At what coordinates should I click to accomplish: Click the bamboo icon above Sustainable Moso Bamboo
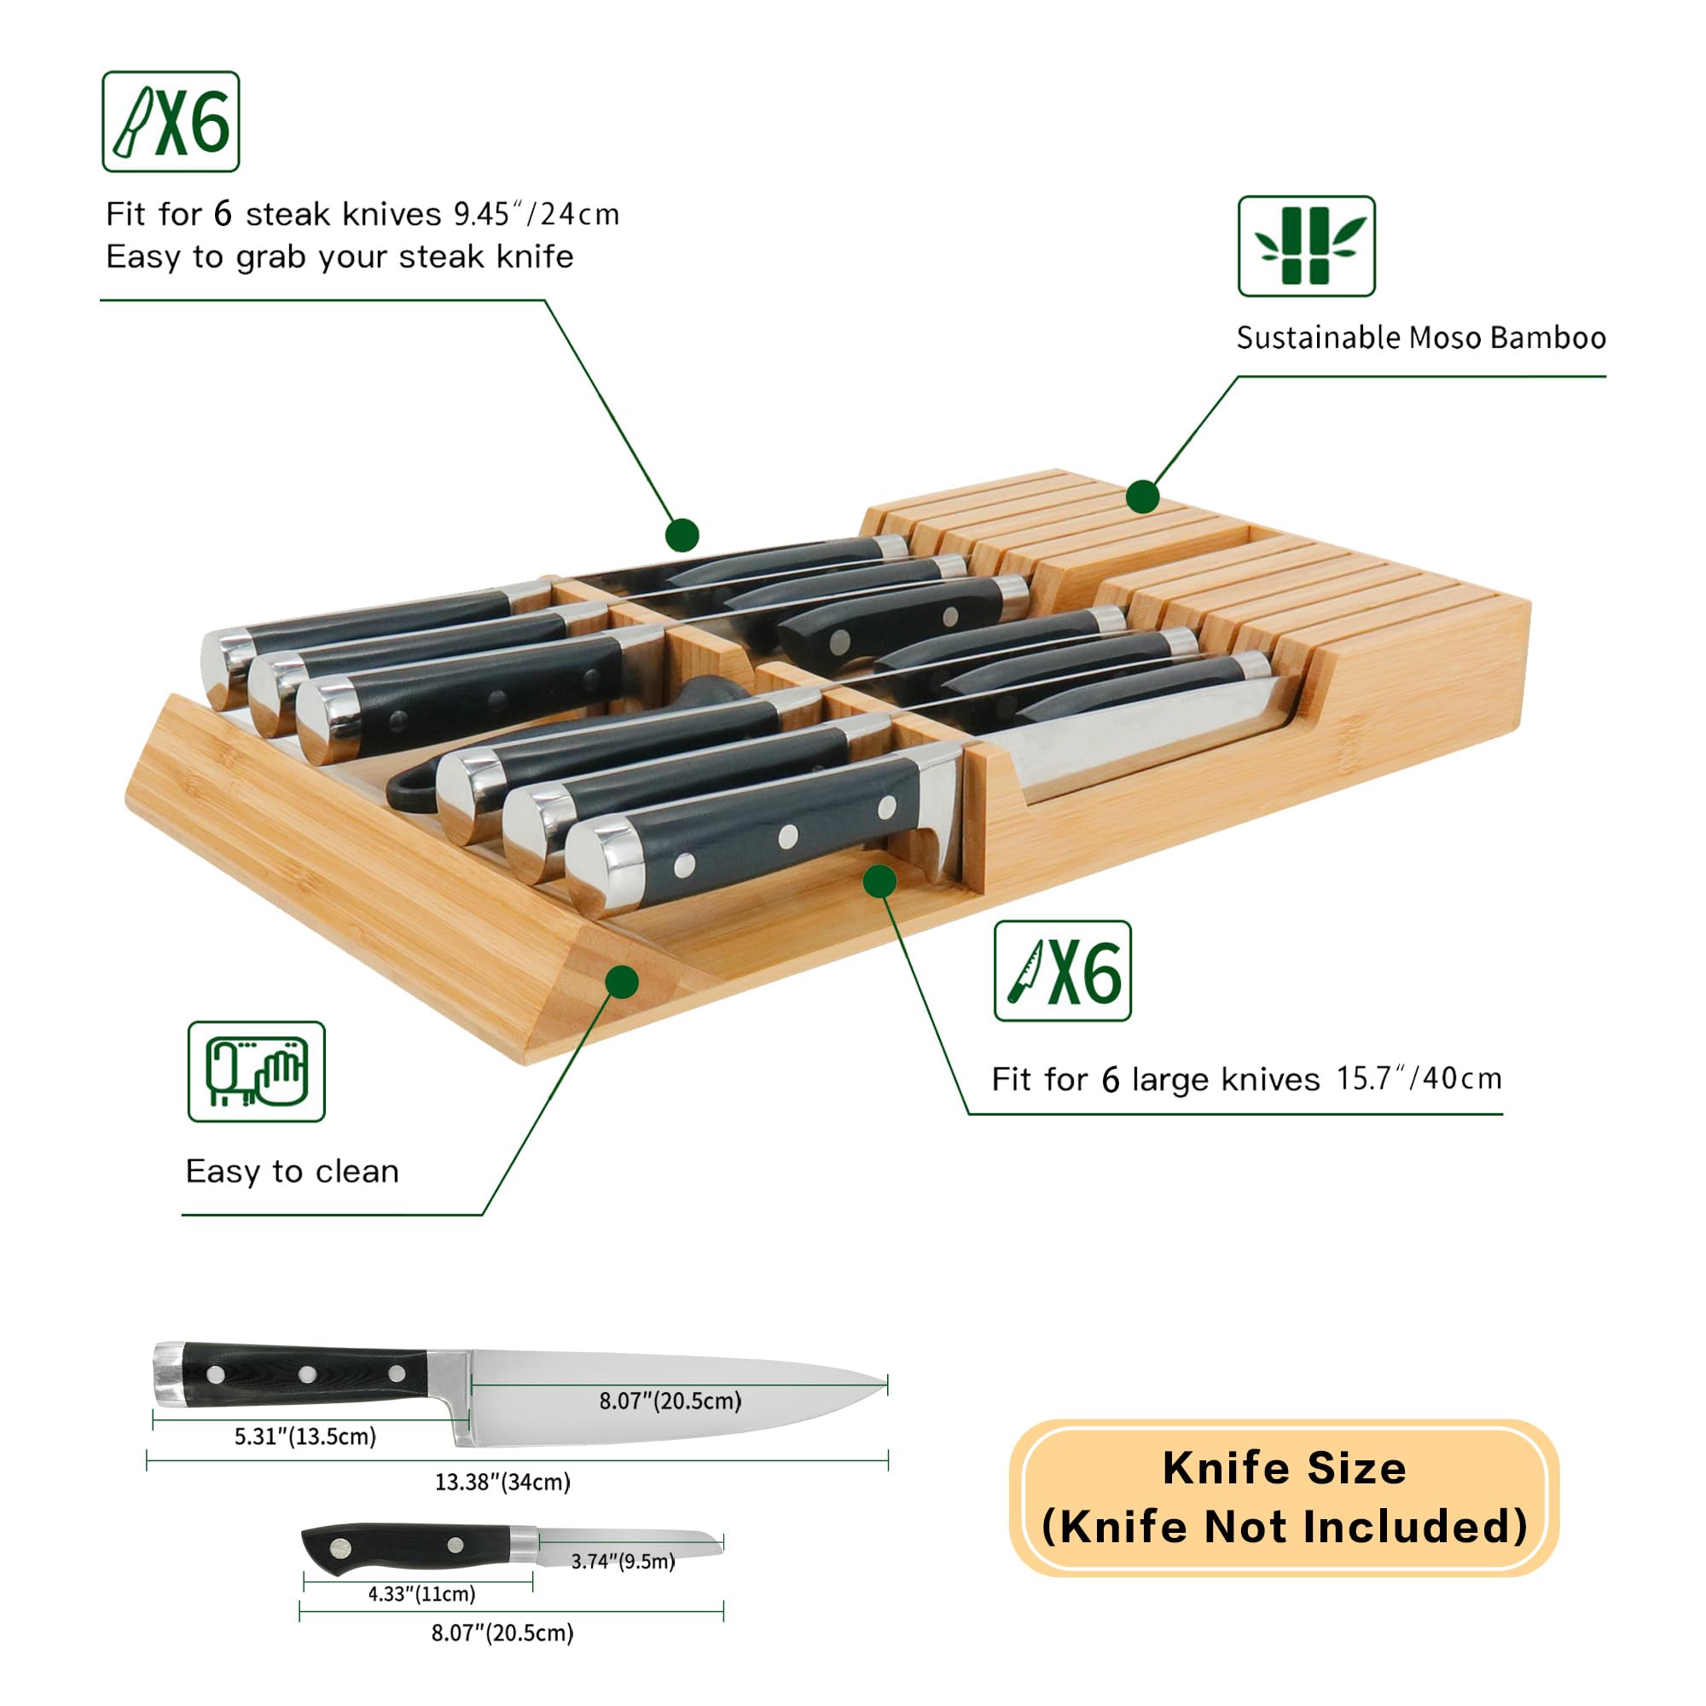(1306, 246)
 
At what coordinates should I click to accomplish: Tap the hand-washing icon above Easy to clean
(256, 1072)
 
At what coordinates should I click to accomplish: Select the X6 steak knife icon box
(171, 122)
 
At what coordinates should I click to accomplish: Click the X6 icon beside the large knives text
(1062, 972)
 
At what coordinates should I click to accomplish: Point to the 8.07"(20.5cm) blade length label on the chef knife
(670, 1401)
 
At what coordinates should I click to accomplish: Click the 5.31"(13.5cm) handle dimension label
(305, 1436)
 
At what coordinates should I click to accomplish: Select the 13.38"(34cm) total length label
(502, 1482)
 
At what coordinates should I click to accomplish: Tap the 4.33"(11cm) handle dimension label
(422, 1594)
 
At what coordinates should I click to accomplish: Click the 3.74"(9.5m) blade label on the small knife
(624, 1561)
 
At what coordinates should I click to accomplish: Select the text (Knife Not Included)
(1284, 1527)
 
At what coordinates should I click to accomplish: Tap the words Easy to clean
(293, 1172)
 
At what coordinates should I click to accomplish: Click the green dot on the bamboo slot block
(1143, 496)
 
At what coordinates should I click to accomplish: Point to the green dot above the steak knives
(682, 534)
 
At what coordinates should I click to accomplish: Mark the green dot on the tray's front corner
(623, 982)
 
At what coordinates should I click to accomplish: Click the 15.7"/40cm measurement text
(1419, 1078)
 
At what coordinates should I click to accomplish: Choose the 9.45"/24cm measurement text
(537, 214)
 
